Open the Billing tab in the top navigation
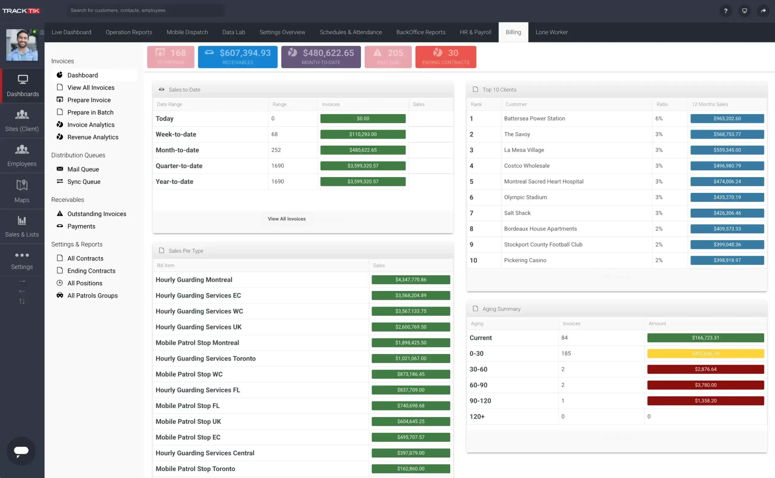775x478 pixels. click(513, 32)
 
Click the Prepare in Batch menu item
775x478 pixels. click(90, 112)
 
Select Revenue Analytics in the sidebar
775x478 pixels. click(93, 137)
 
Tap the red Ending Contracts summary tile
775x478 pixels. click(445, 57)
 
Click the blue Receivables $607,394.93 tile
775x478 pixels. click(237, 57)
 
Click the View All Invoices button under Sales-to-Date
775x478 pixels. click(286, 219)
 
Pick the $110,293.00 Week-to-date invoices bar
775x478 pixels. click(363, 134)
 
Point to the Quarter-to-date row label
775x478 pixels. click(179, 166)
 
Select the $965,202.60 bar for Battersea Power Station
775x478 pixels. click(727, 119)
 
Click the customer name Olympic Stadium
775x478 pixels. click(525, 197)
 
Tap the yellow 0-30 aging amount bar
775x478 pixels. click(705, 354)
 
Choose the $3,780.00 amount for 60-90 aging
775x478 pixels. click(705, 385)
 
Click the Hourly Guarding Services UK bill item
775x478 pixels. click(198, 327)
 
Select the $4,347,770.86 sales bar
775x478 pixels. click(411, 279)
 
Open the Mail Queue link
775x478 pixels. click(83, 169)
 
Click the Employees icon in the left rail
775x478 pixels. click(22, 155)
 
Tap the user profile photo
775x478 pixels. click(22, 45)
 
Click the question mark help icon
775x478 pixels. click(725, 11)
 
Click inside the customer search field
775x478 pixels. click(145, 10)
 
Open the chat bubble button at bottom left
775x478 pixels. click(21, 450)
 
